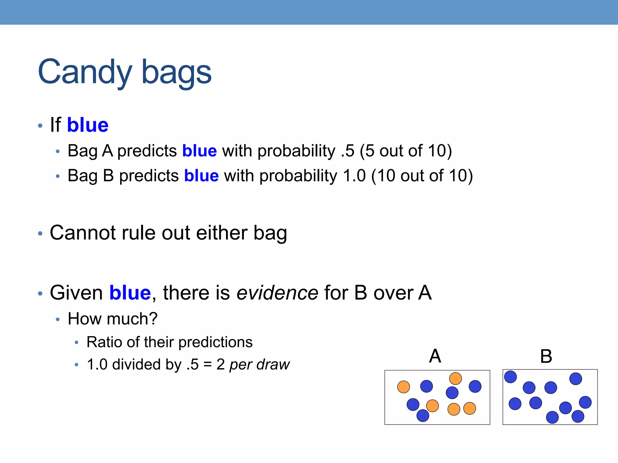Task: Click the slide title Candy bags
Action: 125,72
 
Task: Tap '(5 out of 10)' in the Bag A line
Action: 406,151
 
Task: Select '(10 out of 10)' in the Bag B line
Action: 422,176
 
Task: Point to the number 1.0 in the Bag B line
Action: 354,176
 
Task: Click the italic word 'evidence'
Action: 277,293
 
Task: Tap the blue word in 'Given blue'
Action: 130,293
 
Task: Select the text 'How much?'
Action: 113,319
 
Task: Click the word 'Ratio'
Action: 104,342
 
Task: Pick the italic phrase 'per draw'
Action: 259,364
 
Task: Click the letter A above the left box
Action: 435,356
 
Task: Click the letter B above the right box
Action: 546,356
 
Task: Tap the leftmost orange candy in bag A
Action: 403,387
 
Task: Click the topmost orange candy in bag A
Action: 455,379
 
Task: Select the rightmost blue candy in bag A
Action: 475,386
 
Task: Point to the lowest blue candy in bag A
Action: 422,416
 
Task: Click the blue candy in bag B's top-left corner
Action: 510,377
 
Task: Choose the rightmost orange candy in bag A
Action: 470,408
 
